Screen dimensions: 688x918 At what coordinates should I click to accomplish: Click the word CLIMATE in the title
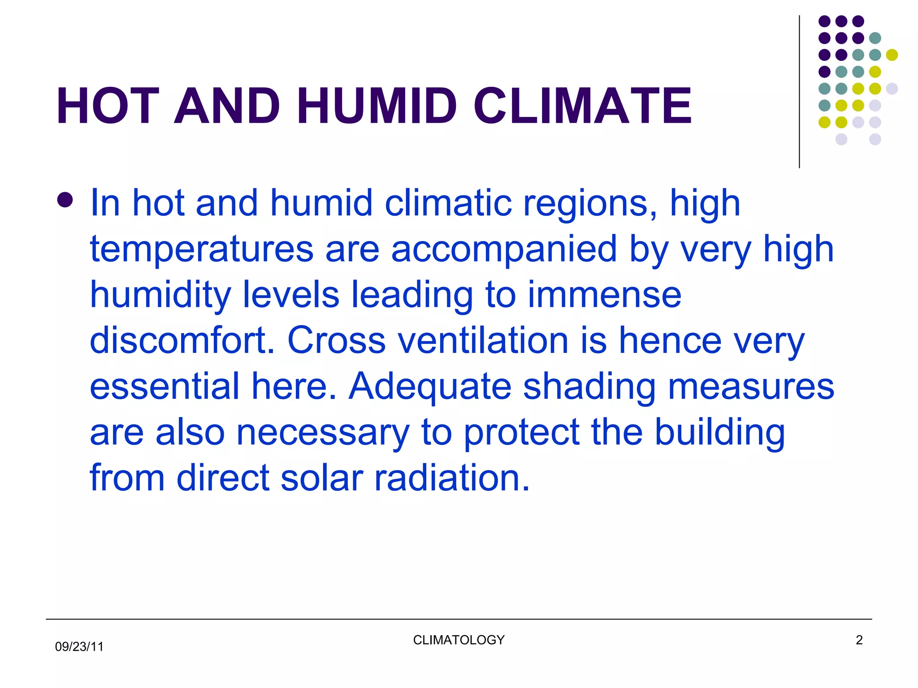[x=583, y=106]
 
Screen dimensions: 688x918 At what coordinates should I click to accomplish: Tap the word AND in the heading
[x=227, y=106]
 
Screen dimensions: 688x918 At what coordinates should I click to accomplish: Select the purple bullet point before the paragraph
[x=65, y=200]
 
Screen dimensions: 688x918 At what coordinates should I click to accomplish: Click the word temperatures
[x=202, y=249]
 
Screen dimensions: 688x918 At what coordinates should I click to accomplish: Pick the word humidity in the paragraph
[x=160, y=295]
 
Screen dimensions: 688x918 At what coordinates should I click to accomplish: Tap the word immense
[x=604, y=295]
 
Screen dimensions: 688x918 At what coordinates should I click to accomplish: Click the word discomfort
[x=182, y=341]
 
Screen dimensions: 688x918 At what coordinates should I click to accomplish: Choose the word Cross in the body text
[x=336, y=341]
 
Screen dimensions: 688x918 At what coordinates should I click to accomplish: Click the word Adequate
[x=430, y=387]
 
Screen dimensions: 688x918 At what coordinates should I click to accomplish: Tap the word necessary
[x=323, y=434]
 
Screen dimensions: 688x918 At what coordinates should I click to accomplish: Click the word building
[x=719, y=433]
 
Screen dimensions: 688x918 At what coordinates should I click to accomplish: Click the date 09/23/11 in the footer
[x=79, y=647]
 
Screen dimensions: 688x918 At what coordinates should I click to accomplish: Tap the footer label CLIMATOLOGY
[x=459, y=640]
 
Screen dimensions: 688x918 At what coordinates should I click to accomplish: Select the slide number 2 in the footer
[x=859, y=640]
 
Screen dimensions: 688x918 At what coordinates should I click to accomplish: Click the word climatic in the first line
[x=448, y=203]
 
